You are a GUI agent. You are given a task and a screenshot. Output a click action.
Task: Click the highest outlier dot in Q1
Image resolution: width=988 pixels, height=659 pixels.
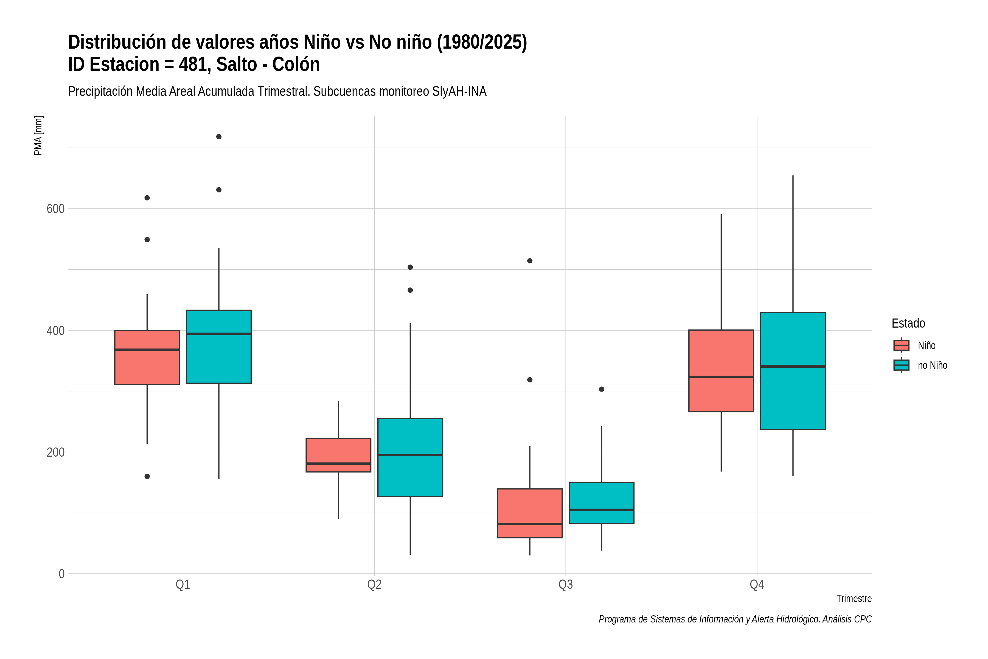[x=219, y=136]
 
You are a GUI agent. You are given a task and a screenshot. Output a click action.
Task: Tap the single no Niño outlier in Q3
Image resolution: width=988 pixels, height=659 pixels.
[x=602, y=389]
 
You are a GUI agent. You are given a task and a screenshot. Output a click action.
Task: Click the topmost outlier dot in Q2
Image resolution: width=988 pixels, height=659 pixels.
[x=410, y=267]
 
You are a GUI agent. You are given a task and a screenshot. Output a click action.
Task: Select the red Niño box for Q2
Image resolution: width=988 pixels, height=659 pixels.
[x=339, y=455]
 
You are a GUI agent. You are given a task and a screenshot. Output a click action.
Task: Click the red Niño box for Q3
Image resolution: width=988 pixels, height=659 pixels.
[x=530, y=513]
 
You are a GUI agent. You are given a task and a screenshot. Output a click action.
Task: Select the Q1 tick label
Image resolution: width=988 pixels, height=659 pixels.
[x=183, y=585]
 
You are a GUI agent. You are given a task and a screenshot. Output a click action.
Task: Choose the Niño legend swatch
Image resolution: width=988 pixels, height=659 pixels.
[x=902, y=345]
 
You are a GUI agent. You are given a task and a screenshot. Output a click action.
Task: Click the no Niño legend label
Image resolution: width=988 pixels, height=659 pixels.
[x=933, y=365]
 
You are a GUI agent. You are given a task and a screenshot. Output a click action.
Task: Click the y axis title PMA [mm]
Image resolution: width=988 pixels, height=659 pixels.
[x=38, y=135]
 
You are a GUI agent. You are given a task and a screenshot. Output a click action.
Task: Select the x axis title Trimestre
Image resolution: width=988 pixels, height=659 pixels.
[x=854, y=599]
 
